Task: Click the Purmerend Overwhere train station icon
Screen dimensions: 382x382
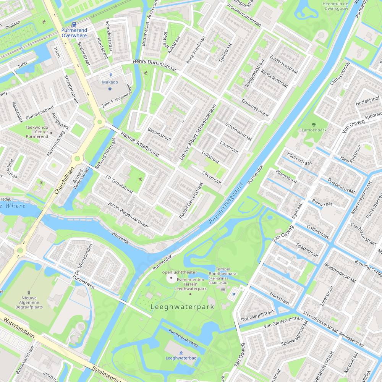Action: (x=74, y=24)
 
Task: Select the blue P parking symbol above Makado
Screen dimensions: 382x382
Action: (x=111, y=75)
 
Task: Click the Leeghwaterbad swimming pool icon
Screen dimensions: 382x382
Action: (x=181, y=352)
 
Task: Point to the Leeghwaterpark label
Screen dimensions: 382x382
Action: (x=182, y=307)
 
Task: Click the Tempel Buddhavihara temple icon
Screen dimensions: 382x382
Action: (x=223, y=289)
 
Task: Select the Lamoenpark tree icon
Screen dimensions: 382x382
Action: (x=314, y=124)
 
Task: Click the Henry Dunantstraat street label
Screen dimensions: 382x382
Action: (x=154, y=66)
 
